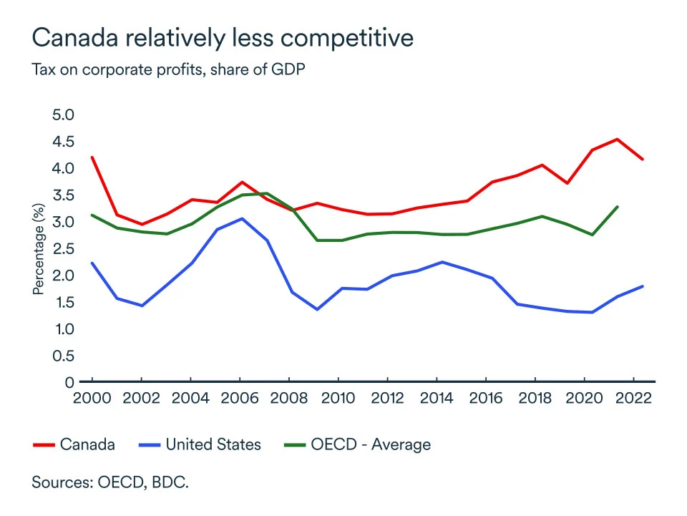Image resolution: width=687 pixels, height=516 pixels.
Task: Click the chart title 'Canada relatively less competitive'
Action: (223, 37)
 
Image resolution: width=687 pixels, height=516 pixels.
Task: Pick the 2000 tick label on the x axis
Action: (92, 398)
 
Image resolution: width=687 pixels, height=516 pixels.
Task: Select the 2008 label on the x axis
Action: (289, 398)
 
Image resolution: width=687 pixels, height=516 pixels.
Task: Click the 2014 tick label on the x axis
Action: (437, 398)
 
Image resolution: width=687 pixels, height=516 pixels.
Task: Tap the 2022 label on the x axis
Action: (633, 398)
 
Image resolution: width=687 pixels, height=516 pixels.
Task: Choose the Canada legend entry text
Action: (87, 444)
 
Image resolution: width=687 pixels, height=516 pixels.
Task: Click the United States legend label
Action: (213, 444)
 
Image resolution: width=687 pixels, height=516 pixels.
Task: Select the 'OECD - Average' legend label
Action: (371, 444)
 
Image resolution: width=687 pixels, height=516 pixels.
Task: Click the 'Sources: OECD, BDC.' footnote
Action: (110, 482)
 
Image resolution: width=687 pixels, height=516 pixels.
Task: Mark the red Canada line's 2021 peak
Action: (618, 139)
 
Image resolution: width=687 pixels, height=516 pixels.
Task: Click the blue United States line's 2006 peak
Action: (242, 218)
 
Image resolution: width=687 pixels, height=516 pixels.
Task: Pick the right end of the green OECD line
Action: (618, 207)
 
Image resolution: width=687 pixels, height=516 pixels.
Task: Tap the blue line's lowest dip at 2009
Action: (316, 309)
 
